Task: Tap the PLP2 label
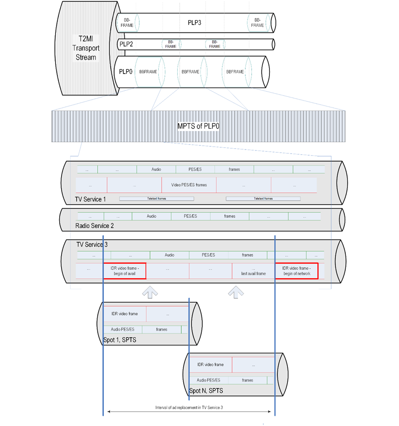pos(126,44)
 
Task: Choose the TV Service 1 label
pos(90,200)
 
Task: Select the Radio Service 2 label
pos(94,226)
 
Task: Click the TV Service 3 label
pos(92,244)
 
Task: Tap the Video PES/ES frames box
pos(189,185)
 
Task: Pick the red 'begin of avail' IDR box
pos(125,271)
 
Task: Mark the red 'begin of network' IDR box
pos(297,271)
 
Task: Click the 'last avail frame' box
pos(253,271)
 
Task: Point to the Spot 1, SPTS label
pos(119,340)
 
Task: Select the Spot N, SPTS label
pos(206,391)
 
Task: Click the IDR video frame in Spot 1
pos(125,313)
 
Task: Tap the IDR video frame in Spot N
pos(211,364)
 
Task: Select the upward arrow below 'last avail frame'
pos(236,291)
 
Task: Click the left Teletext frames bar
pos(156,198)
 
